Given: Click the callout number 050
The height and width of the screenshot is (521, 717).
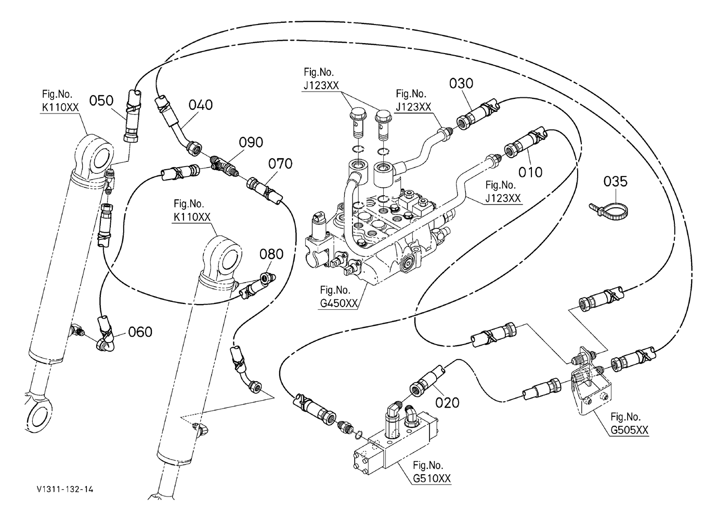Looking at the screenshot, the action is coord(101,100).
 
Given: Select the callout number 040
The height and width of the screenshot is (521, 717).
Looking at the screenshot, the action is coord(200,105).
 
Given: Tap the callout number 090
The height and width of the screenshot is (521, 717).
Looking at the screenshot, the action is coord(251,142).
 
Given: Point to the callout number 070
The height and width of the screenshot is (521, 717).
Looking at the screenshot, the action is coord(280,164).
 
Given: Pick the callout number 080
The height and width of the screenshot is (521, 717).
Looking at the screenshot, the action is coord(271,254).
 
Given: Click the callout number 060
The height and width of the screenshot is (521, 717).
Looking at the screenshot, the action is coord(140,332).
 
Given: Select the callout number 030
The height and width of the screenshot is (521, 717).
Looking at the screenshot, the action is coord(461,83).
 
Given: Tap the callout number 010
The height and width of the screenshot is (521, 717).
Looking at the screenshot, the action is coord(530,172).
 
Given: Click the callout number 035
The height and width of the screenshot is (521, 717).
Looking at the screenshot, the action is coord(615,182).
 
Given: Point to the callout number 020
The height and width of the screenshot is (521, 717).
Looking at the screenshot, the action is coord(447,403).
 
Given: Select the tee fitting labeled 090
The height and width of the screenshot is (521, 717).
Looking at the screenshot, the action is coord(225,166).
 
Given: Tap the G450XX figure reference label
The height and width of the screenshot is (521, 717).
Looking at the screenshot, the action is coord(338,303).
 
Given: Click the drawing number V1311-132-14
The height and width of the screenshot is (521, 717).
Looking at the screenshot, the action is coord(65,498).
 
